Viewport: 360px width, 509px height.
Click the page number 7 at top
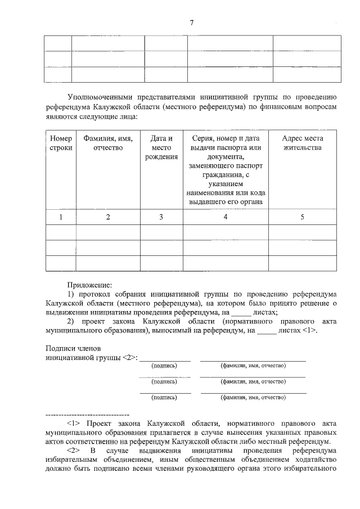[191, 23]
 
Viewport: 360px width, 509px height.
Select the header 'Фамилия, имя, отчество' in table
[107, 143]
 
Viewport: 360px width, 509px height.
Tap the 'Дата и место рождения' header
[161, 147]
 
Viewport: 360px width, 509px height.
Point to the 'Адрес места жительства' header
[302, 143]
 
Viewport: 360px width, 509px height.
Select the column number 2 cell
[107, 217]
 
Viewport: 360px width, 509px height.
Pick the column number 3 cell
[161, 217]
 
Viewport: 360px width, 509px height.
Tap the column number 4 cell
[225, 217]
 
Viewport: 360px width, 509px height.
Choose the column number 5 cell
[302, 217]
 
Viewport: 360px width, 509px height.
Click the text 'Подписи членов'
[69, 348]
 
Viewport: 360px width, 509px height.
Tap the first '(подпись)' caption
[164, 366]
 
